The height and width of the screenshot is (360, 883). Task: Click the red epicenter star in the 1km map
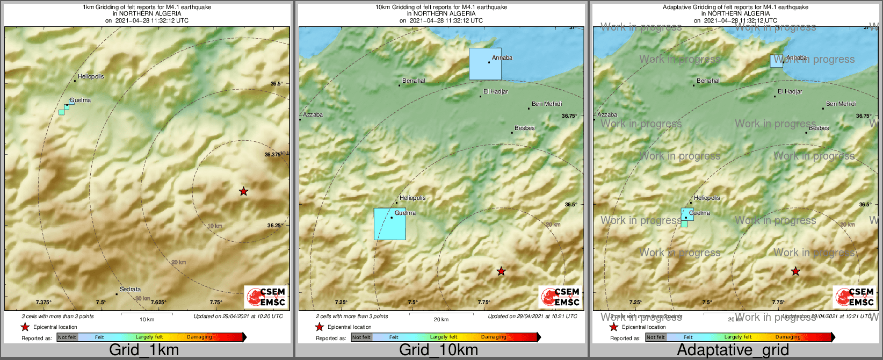(243, 191)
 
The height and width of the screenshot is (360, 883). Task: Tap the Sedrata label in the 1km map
(130, 289)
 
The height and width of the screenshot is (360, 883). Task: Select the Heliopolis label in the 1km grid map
(91, 76)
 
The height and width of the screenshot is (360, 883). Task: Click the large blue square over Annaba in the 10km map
(485, 64)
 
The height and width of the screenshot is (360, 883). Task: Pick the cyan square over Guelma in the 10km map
(389, 224)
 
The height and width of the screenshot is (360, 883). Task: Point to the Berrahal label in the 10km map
(414, 81)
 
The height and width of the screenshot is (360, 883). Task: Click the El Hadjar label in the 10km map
(495, 91)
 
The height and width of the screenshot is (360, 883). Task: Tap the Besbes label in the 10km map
(524, 128)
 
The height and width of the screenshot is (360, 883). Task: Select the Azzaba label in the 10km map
(313, 114)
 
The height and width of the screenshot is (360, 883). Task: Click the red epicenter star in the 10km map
(501, 271)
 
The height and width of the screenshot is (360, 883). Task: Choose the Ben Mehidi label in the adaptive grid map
(841, 104)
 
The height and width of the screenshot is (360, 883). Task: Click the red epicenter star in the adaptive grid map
(795, 271)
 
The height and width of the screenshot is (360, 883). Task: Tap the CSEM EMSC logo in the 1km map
(266, 297)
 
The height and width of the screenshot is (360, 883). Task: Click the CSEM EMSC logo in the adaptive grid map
(855, 297)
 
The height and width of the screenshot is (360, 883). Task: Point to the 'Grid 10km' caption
(438, 350)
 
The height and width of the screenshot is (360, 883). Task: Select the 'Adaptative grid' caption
(733, 350)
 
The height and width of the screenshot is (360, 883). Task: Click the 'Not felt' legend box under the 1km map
(67, 337)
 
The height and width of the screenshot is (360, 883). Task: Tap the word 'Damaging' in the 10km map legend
(494, 337)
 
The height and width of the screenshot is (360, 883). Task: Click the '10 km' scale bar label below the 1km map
(147, 319)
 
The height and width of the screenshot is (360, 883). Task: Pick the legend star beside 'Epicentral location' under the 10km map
(319, 327)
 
